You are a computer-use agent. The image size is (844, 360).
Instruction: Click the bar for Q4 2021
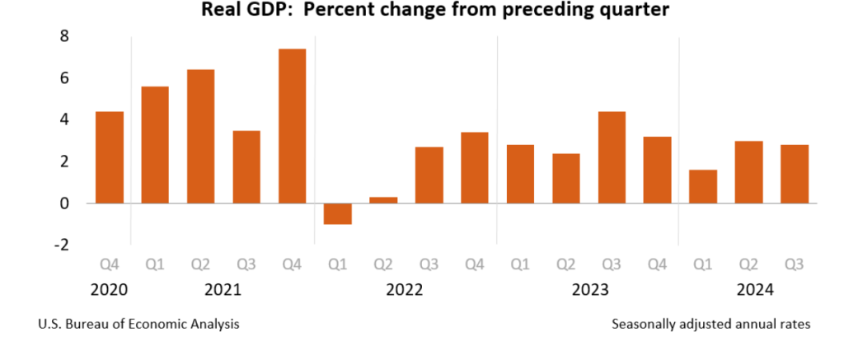click(292, 126)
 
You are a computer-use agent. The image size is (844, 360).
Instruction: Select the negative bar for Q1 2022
click(338, 213)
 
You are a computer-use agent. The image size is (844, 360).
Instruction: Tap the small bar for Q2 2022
click(383, 199)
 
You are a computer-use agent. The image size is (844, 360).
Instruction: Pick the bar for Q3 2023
click(612, 157)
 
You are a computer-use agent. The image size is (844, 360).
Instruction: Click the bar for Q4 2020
click(110, 157)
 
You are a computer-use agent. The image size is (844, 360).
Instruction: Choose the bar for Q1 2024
click(703, 186)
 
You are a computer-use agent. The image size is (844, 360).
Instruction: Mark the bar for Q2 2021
click(201, 136)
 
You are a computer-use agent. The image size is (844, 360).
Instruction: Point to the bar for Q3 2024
click(795, 174)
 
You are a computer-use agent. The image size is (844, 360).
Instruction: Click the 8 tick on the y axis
click(64, 36)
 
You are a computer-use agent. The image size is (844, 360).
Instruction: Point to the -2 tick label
click(61, 245)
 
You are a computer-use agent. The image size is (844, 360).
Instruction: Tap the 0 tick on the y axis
click(64, 203)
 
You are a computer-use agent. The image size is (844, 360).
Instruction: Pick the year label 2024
click(748, 290)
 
